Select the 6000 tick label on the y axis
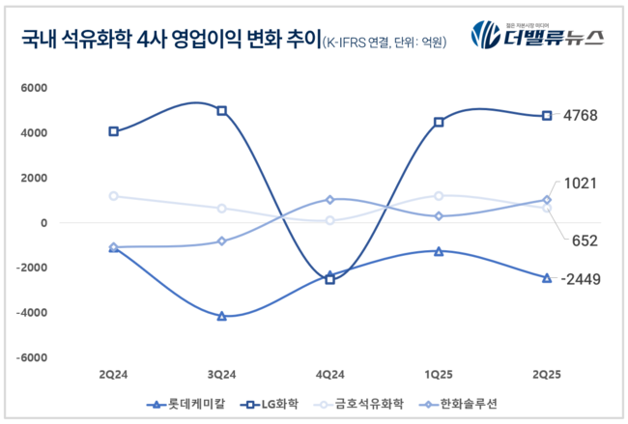(x=34, y=88)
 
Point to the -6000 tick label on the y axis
(x=31, y=357)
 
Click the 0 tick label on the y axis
(x=43, y=223)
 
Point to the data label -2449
(x=583, y=280)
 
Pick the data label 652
(x=585, y=241)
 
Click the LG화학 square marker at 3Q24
(x=222, y=111)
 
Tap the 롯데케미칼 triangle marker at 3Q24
(x=222, y=316)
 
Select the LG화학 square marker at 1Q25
(x=439, y=123)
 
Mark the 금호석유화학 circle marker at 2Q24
(x=114, y=196)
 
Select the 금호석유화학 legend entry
(x=362, y=403)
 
